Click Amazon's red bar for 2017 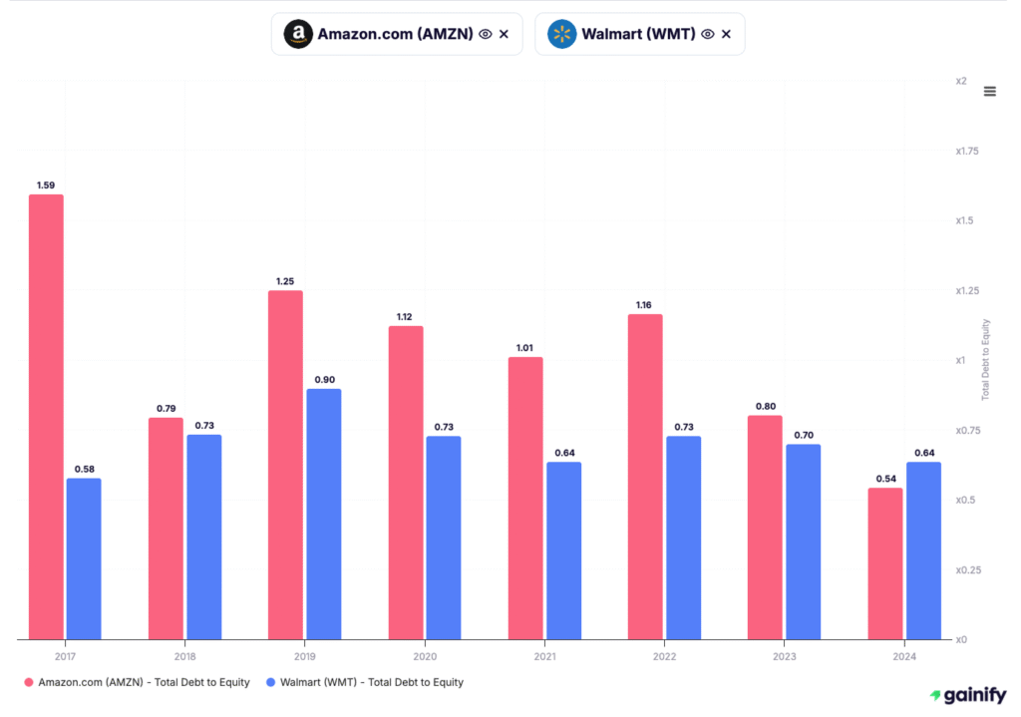click(46, 417)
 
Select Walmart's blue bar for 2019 click(324, 514)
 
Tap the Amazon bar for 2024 click(884, 563)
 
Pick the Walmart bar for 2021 click(563, 550)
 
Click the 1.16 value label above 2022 click(645, 303)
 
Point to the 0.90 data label click(324, 378)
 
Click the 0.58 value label click(84, 469)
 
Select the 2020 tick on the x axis click(425, 657)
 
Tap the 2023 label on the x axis click(784, 657)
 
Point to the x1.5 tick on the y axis click(963, 220)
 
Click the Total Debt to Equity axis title click(986, 360)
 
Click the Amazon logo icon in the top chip click(297, 34)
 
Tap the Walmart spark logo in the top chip click(561, 34)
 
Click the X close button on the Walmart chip click(726, 34)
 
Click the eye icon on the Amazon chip click(485, 34)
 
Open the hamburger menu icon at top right click(989, 91)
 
